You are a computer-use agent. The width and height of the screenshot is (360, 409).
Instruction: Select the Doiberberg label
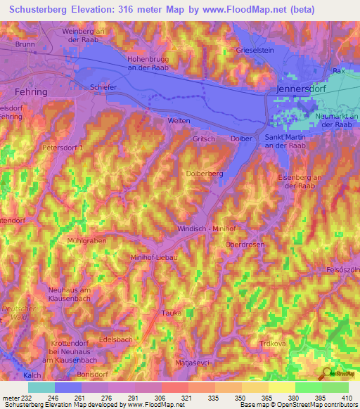(x=205, y=173)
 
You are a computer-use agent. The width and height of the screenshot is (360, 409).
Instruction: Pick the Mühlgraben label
(x=86, y=240)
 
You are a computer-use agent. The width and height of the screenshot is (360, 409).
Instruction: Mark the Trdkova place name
(x=271, y=344)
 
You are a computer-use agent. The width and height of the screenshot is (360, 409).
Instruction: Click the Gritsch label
(x=203, y=139)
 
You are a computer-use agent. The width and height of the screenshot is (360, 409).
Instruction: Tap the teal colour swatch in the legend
(x=41, y=387)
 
